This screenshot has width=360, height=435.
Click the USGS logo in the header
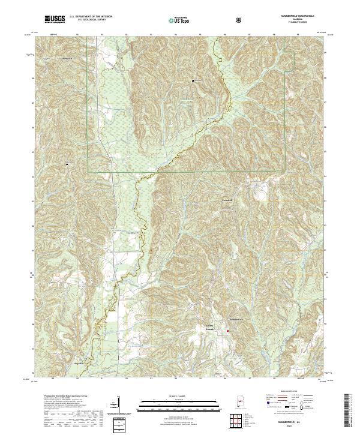(55, 20)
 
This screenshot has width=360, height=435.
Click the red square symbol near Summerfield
(227, 331)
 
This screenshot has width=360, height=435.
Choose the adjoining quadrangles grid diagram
(239, 420)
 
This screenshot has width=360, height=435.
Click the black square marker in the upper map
(193, 80)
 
